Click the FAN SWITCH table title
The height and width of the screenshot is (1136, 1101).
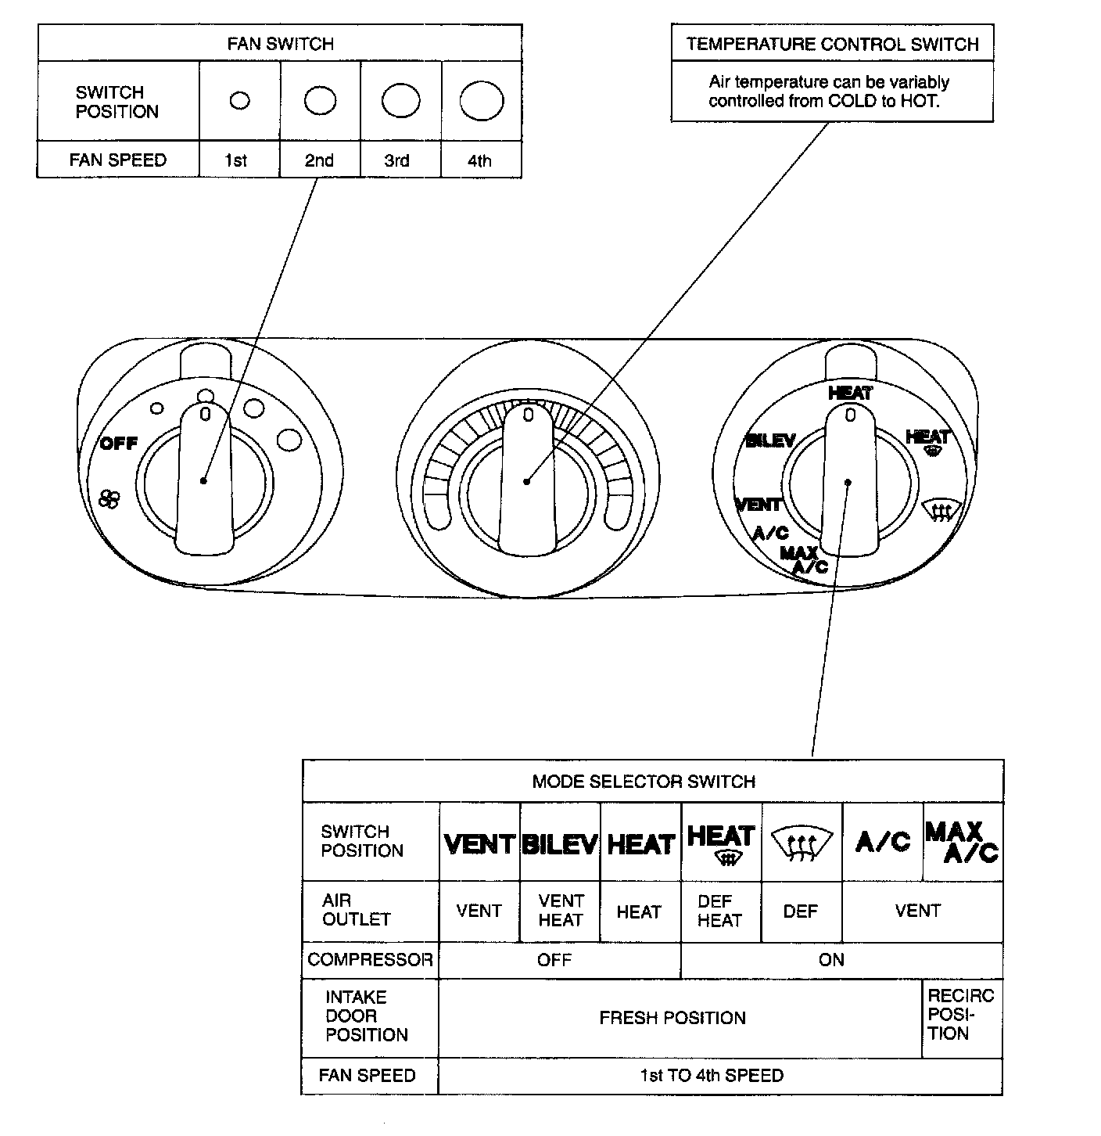click(280, 44)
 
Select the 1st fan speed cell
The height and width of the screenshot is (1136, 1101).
click(235, 160)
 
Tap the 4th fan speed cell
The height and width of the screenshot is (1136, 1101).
click(479, 160)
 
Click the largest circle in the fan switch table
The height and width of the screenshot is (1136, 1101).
click(481, 102)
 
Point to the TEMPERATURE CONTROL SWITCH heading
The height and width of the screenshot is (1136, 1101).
click(832, 44)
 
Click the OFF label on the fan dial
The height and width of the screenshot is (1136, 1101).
click(119, 444)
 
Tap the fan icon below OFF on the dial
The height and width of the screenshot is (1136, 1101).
click(109, 498)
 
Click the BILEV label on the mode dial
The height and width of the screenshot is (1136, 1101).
click(770, 441)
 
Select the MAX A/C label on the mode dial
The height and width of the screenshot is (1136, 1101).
click(805, 560)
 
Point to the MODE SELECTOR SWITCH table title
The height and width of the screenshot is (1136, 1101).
click(644, 782)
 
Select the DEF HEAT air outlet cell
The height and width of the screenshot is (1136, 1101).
click(719, 911)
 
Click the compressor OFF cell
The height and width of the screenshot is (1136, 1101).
click(554, 960)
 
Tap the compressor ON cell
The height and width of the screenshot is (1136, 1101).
click(831, 960)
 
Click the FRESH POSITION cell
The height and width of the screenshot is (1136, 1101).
click(672, 1018)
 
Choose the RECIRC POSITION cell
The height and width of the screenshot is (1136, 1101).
click(960, 1015)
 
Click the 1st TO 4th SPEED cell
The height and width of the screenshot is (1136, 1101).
click(712, 1076)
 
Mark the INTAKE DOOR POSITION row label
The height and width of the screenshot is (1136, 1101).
click(367, 1016)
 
